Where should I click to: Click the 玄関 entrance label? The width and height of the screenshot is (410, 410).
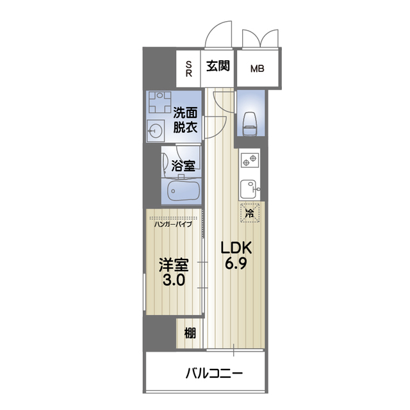(218, 65)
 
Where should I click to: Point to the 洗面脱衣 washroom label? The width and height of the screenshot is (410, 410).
(184, 120)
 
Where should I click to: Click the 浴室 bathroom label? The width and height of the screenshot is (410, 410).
(184, 166)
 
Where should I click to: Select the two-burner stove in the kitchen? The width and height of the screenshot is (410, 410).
(249, 160)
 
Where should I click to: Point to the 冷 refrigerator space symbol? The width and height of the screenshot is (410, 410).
(250, 213)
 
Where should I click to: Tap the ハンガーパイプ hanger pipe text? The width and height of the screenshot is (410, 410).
(173, 224)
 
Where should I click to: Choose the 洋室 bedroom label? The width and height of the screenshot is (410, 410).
(172, 264)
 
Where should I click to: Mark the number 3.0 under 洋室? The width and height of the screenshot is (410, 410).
(172, 280)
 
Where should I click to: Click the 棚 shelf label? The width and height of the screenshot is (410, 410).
(190, 332)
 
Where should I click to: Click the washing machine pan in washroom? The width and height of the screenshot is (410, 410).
(156, 102)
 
